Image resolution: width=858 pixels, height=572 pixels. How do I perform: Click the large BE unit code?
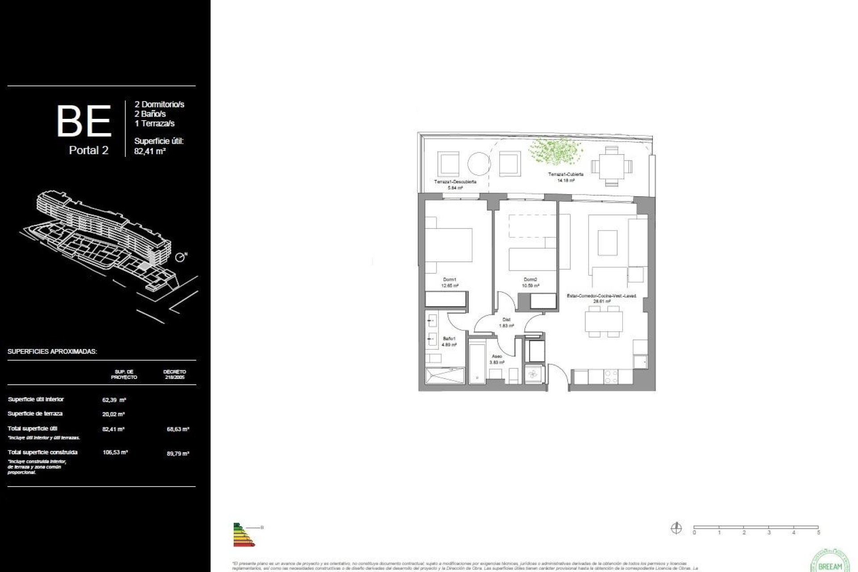[x=84, y=121]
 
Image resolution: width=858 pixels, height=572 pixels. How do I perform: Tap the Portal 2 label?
[x=88, y=151]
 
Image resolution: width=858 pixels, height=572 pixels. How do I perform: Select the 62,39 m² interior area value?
[x=114, y=400]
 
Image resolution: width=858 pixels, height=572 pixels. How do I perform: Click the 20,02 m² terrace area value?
[x=114, y=414]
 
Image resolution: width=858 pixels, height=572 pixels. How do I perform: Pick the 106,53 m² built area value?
[x=115, y=452]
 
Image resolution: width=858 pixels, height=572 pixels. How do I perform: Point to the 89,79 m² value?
[x=178, y=454]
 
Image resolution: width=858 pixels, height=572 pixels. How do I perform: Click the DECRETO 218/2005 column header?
[x=174, y=374]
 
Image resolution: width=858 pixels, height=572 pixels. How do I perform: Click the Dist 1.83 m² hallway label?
[x=506, y=323]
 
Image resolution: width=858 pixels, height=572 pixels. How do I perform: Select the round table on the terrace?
[x=479, y=164]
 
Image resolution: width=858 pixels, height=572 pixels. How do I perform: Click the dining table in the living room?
[x=604, y=321]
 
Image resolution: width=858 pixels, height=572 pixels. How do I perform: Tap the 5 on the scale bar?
[x=818, y=533]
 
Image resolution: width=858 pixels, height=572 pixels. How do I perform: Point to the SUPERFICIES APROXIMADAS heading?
[x=52, y=352]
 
